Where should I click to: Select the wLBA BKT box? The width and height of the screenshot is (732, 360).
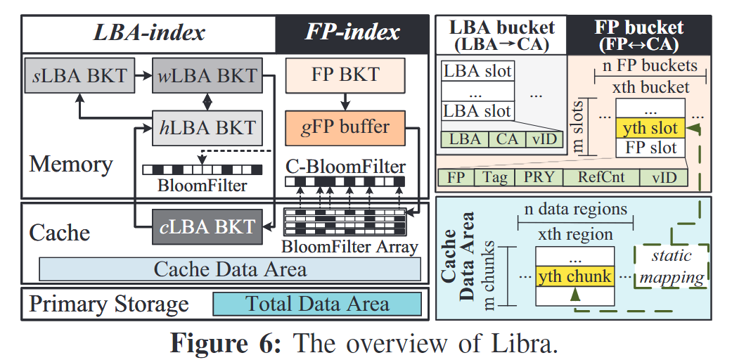coord(207,75)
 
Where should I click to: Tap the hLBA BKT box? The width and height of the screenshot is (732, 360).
coord(206,128)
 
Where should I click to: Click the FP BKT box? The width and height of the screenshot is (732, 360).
coord(345,74)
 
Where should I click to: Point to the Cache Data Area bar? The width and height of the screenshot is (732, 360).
coord(230,269)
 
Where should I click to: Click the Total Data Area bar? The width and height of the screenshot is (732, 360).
coord(317,304)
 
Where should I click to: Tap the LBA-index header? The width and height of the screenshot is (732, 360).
coord(149,32)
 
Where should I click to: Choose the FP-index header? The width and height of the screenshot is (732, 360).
coord(352,32)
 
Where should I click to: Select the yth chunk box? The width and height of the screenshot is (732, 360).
coord(574,276)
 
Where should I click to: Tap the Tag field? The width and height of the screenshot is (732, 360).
coord(495,176)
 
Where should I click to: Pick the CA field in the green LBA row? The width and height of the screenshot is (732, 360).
coord(507,139)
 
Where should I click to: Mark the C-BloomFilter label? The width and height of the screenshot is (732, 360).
coord(345,167)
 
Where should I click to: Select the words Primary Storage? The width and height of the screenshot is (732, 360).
coord(109,304)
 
